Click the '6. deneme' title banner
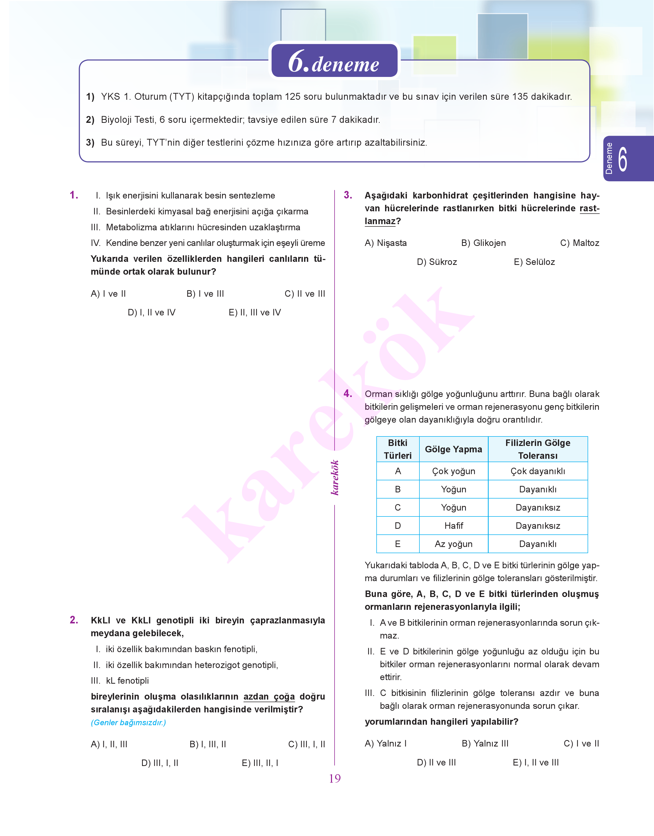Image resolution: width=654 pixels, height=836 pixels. (x=334, y=61)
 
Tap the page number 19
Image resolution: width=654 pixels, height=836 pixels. (x=335, y=779)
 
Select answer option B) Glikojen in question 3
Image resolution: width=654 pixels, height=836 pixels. (x=483, y=243)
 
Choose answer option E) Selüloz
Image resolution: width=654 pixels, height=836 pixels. (x=534, y=262)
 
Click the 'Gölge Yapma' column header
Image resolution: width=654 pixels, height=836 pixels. (x=453, y=449)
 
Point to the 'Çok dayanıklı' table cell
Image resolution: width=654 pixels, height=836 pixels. (x=538, y=471)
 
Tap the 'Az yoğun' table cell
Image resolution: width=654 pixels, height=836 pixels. (x=453, y=544)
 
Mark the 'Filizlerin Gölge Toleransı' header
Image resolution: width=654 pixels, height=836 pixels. (x=538, y=449)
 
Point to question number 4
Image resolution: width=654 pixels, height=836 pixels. (x=348, y=394)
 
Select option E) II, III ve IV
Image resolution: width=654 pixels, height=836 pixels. (x=255, y=313)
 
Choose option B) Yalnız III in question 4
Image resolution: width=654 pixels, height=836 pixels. (x=485, y=744)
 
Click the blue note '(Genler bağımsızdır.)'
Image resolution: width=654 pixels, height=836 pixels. (x=128, y=723)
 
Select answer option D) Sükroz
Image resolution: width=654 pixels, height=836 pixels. (x=437, y=262)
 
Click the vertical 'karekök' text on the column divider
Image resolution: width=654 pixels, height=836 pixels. (x=335, y=477)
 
